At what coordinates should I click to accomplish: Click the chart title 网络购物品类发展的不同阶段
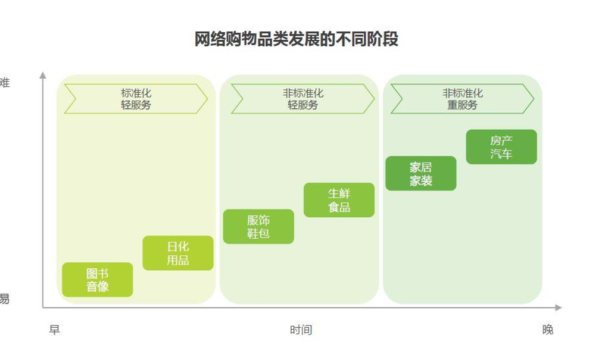296,40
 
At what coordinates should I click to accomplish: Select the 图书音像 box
98,280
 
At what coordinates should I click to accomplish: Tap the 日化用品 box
178,253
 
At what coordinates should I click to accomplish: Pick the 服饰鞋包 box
258,226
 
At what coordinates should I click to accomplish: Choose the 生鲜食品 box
339,200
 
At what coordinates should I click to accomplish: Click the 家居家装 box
421,173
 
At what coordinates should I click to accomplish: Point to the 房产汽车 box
501,147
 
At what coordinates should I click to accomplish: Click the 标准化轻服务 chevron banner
136,99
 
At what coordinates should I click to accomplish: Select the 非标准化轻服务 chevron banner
302,99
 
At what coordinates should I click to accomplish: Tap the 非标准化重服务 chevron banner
462,99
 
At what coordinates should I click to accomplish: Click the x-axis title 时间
301,330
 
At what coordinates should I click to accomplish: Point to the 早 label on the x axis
54,330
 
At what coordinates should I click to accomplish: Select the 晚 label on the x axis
548,330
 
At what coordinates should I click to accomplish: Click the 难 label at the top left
5,83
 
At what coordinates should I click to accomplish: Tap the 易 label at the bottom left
4,299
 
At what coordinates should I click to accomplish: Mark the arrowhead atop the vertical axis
42,75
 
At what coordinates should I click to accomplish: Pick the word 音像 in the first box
98,287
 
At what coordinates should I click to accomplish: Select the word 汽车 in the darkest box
501,154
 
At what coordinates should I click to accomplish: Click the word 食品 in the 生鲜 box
339,207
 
